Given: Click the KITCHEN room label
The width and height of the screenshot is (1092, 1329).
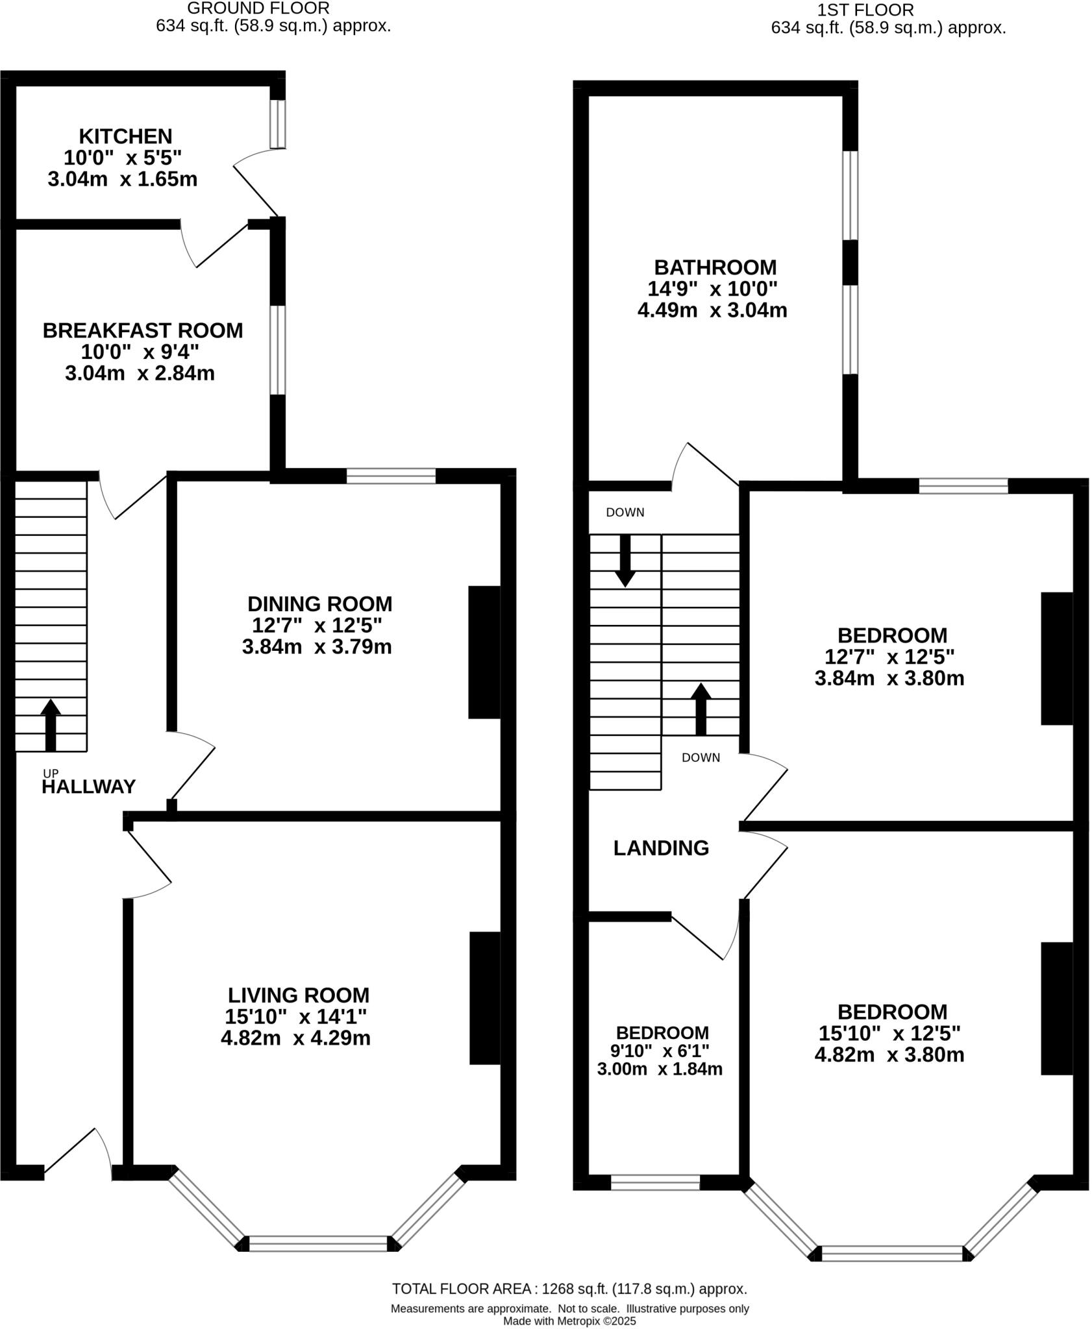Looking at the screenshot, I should [125, 136].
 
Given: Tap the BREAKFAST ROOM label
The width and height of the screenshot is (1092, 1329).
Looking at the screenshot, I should [143, 330].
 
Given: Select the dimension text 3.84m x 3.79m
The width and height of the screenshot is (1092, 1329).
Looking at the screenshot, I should [317, 647].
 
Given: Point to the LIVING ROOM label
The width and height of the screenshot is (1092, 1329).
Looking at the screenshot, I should [299, 995].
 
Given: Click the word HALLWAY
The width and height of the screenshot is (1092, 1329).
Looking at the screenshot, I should [89, 787].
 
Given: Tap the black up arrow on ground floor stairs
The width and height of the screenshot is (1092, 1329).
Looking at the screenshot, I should [50, 724].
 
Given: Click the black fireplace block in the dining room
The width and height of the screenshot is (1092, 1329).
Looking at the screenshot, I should [484, 652].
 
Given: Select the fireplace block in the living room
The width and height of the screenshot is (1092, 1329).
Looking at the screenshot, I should [485, 998].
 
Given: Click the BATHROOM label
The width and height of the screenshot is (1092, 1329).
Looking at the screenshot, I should [715, 267].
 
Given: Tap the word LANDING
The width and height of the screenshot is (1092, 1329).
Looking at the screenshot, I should [661, 847].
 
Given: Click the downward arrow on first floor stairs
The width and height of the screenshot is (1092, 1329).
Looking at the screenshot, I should [625, 560].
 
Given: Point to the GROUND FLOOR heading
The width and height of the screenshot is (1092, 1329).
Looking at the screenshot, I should [258, 8].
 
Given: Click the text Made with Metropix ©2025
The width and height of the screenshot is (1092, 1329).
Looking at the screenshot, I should [569, 1320].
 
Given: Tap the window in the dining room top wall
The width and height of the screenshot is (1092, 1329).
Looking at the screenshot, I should [391, 476].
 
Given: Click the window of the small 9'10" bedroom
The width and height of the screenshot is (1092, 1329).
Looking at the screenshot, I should [655, 1182].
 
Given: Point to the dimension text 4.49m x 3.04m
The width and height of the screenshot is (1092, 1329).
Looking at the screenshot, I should [712, 310].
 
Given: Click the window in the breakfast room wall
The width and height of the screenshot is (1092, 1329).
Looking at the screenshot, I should [277, 350].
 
